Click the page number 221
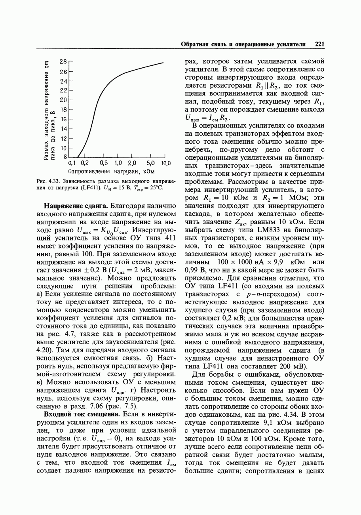pos(319,44)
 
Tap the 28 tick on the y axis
pos(63,62)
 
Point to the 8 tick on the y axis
pos(65,157)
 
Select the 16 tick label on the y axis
pos(63,119)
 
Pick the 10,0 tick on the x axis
pos(166,163)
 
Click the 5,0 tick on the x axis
pos(150,163)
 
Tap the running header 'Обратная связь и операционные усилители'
pos(243,44)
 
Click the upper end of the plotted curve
pos(163,63)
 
